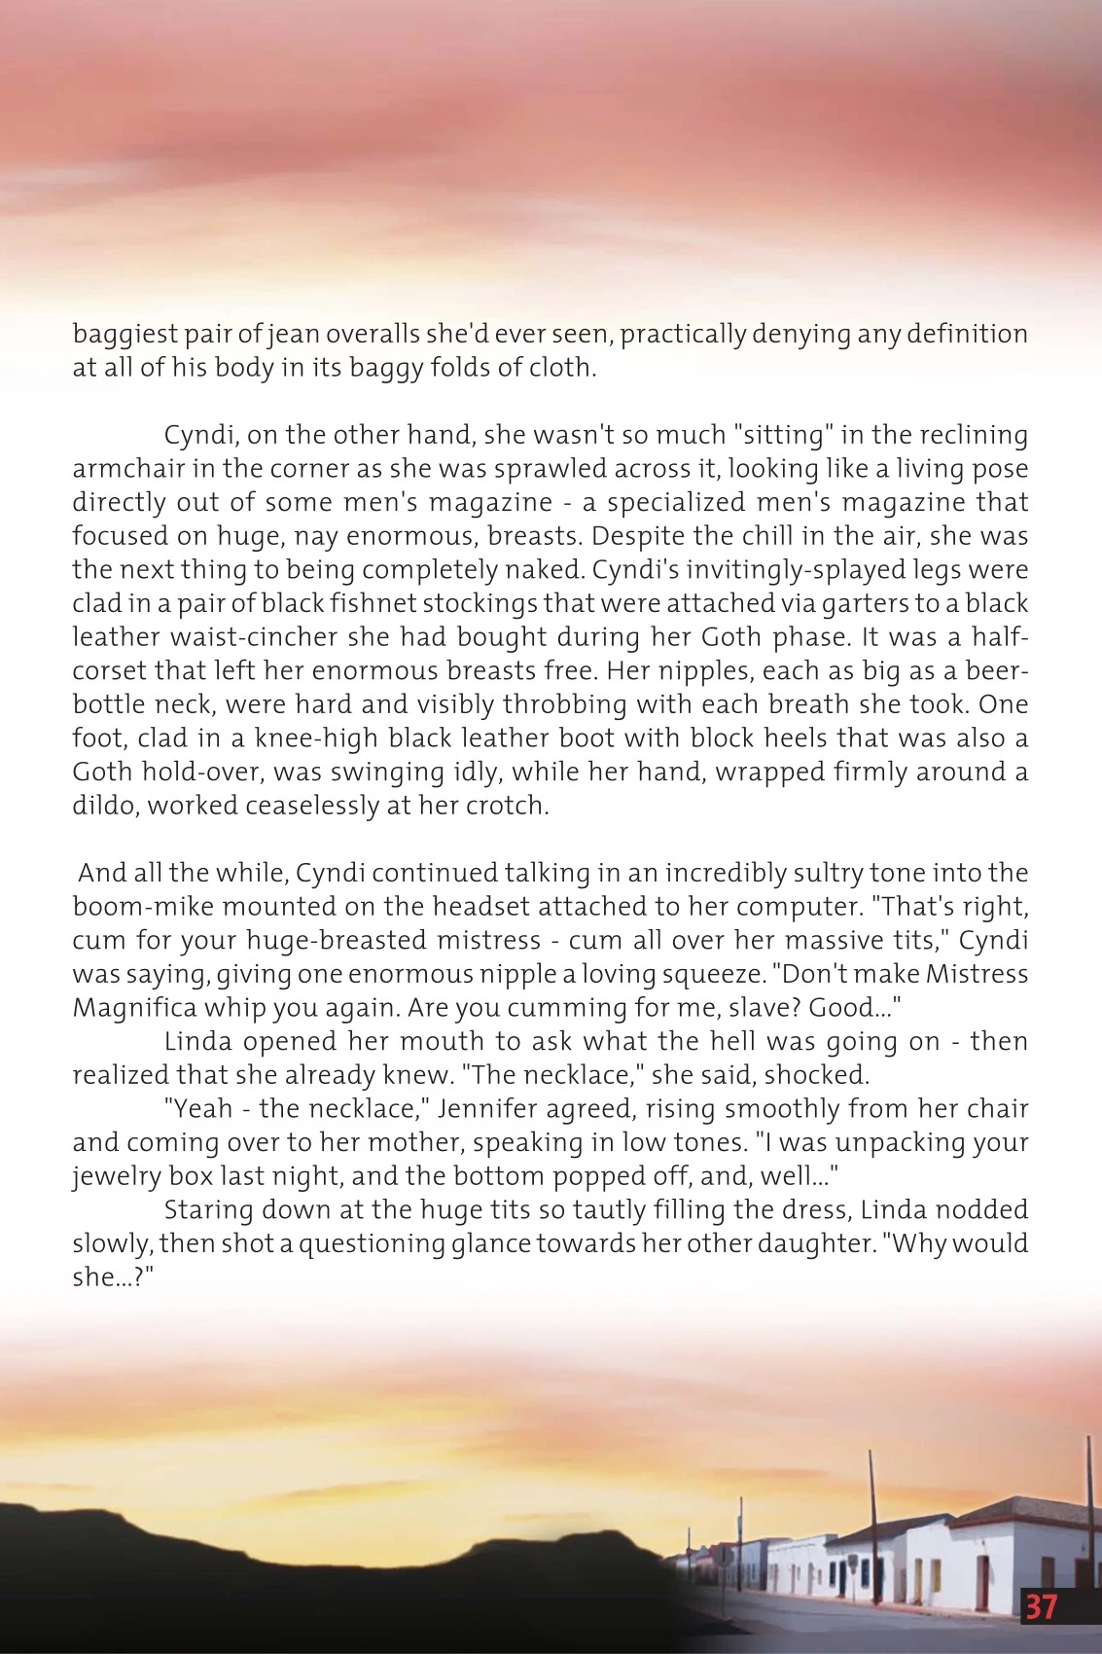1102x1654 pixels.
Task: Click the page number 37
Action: click(x=1041, y=1606)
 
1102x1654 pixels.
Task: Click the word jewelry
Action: click(x=116, y=1176)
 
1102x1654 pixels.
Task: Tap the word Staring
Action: click(x=207, y=1210)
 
